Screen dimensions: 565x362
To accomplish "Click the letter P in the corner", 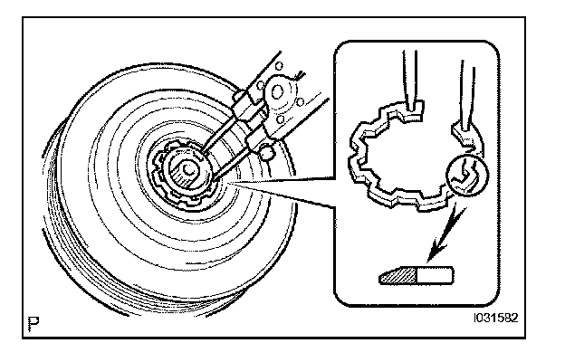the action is point(34,321).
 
